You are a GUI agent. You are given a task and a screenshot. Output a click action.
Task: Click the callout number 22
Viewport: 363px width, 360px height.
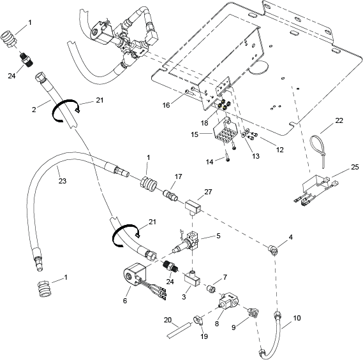(339, 120)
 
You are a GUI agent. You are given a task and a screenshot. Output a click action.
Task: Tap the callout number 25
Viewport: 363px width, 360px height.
(355, 167)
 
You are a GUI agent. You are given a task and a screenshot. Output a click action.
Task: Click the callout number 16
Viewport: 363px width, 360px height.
(166, 105)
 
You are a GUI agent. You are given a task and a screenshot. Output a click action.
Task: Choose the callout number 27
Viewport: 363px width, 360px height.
(208, 192)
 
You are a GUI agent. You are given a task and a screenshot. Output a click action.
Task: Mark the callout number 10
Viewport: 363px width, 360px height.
(297, 318)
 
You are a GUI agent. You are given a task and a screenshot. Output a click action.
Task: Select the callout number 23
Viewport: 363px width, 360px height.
(63, 181)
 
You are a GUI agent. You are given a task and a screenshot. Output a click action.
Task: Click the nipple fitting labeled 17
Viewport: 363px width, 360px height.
(170, 196)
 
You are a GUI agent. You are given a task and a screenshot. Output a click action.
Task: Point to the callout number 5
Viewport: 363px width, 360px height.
(218, 236)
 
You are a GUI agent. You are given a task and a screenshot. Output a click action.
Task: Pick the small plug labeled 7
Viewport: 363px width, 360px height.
(211, 289)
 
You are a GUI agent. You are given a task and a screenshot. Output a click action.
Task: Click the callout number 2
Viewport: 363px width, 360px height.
(34, 110)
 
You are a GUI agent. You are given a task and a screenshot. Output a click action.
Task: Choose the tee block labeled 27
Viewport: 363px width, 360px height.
(193, 206)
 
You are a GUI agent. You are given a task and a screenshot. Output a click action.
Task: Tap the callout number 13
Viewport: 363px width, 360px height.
(256, 156)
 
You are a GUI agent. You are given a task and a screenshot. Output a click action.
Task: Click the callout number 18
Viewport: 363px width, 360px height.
(204, 123)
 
